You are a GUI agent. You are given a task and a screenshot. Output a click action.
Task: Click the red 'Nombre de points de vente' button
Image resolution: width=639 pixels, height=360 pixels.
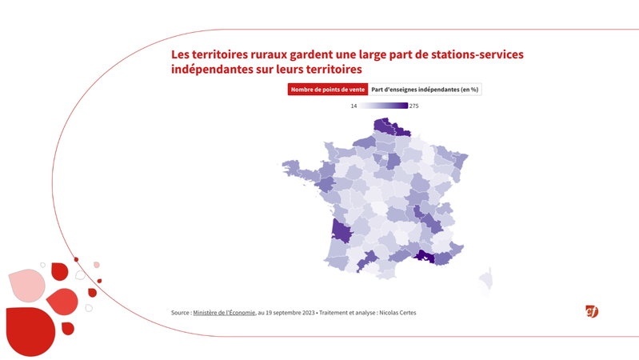click(x=328, y=90)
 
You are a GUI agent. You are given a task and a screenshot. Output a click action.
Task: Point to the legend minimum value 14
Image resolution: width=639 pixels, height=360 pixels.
click(x=353, y=106)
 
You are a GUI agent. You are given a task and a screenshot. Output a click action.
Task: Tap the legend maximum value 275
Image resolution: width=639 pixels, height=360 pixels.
click(x=414, y=106)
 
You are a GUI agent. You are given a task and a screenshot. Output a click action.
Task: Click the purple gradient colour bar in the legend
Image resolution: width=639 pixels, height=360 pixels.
click(x=383, y=106)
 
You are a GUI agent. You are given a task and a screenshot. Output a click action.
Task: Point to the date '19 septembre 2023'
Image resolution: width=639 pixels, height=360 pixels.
click(x=286, y=313)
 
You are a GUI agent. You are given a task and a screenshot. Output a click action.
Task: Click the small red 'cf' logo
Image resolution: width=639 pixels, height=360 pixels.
click(x=592, y=311)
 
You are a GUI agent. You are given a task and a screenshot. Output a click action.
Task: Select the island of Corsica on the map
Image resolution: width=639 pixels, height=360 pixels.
click(x=485, y=280)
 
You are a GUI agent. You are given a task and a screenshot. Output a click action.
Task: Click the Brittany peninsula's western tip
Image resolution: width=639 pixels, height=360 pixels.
click(x=284, y=167)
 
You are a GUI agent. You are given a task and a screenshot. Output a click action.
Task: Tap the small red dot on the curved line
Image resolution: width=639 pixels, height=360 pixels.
click(x=76, y=259)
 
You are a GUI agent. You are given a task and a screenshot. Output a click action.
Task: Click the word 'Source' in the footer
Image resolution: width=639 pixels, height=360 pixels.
click(x=180, y=313)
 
